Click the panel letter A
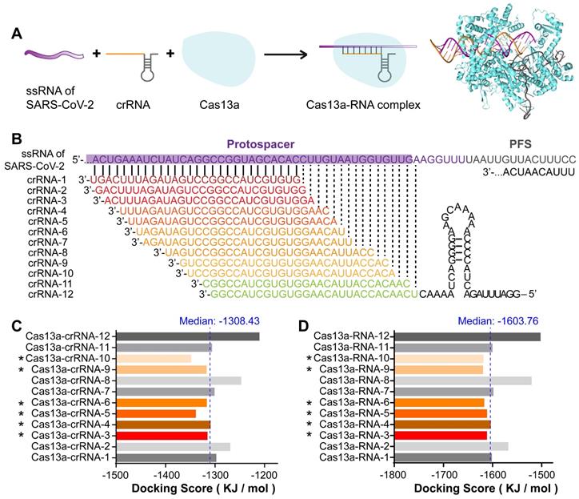17,34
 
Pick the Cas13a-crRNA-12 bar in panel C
187,336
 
